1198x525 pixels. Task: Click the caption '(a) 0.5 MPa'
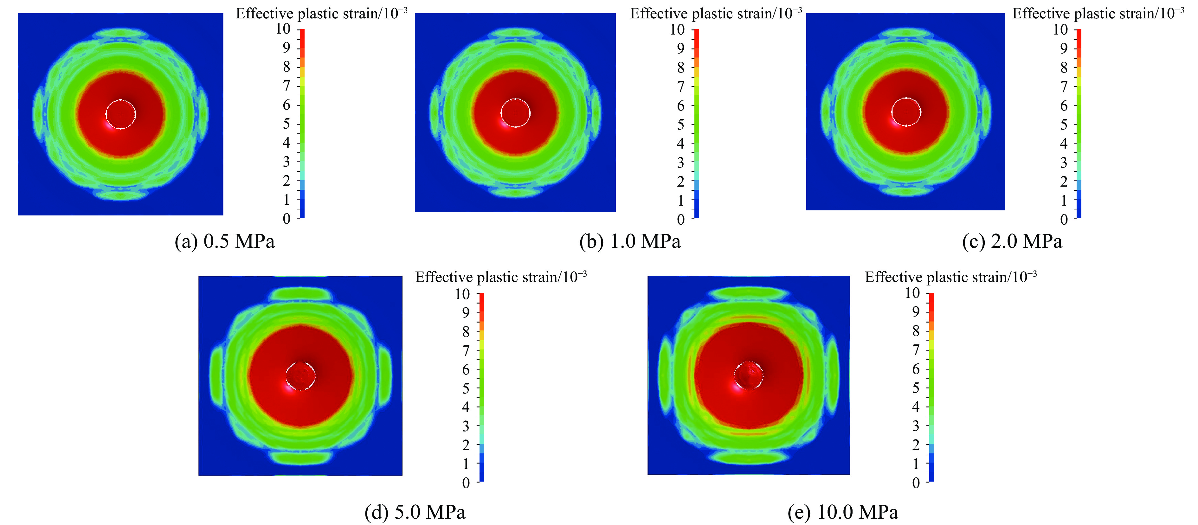(x=225, y=241)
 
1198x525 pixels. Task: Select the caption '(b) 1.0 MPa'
(x=630, y=241)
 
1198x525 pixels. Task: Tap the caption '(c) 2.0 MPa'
(x=1013, y=241)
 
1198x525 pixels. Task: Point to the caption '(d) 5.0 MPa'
(x=415, y=512)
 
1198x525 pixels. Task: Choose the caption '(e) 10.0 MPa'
(x=843, y=512)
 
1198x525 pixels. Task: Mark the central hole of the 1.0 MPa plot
(x=515, y=112)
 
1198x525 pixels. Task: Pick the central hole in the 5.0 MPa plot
(x=300, y=375)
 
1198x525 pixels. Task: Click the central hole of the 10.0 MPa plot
(x=749, y=375)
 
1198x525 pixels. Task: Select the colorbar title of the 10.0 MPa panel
(x=950, y=277)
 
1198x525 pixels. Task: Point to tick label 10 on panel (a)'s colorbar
(x=283, y=29)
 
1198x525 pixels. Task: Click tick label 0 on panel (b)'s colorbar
(x=681, y=220)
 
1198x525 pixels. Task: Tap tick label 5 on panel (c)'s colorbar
(x=1064, y=125)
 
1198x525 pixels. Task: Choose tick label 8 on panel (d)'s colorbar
(x=466, y=331)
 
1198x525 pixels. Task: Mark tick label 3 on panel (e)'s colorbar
(x=916, y=426)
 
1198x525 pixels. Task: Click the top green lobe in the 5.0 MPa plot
(x=301, y=294)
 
